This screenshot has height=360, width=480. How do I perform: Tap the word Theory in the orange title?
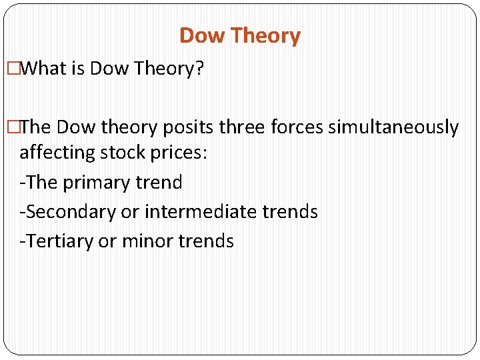pos(265,35)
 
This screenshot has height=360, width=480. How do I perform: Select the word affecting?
pos(58,153)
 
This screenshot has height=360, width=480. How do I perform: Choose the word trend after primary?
pos(158,182)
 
